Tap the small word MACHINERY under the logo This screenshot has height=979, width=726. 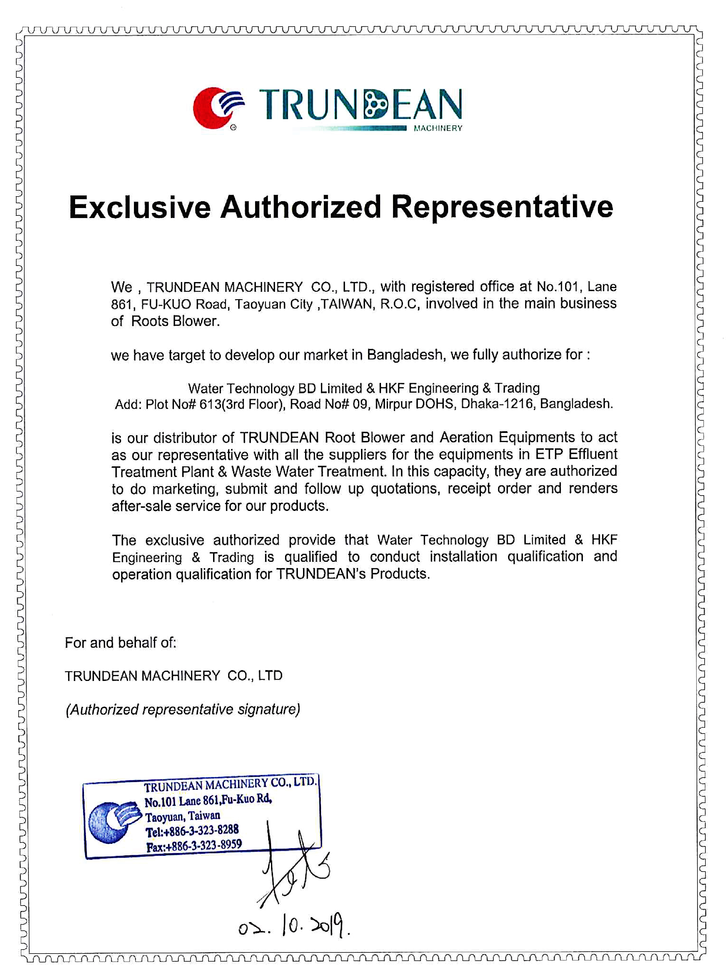pyautogui.click(x=438, y=128)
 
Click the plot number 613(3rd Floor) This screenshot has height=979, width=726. pyautogui.click(x=240, y=404)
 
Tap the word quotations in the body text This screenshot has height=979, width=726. pyautogui.click(x=405, y=488)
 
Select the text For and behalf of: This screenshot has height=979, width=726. pyautogui.click(x=121, y=643)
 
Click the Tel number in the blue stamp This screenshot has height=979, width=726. pyautogui.click(x=192, y=830)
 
